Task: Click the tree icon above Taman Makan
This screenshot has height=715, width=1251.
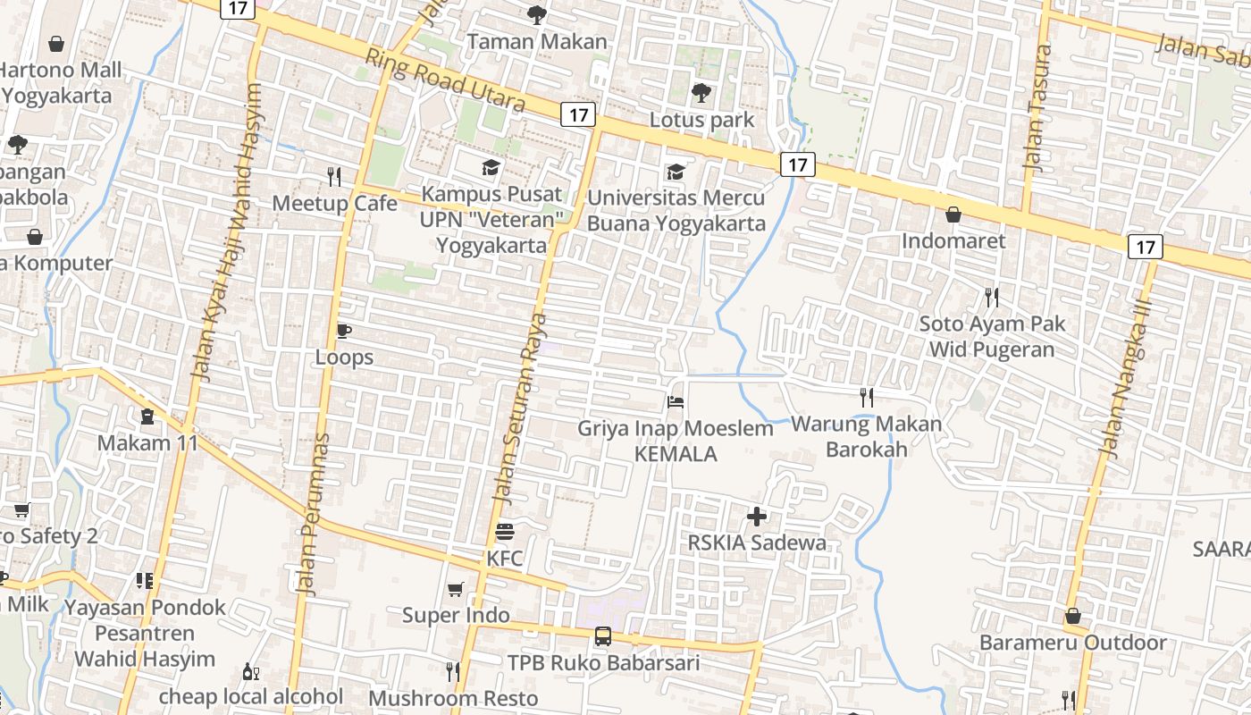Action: coord(536,14)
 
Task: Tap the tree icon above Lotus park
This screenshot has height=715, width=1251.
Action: coord(701,92)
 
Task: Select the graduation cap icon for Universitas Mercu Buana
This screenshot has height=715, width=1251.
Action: coord(676,171)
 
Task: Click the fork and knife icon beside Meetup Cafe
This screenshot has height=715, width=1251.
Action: coord(334,176)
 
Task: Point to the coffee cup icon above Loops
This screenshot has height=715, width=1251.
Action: coord(343,331)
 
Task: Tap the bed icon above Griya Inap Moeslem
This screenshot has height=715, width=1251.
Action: coord(676,401)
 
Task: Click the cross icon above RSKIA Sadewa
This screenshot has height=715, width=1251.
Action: coord(757,516)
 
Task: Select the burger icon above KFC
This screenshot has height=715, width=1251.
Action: coord(504,533)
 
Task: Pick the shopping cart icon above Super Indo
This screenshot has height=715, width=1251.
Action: coord(456,589)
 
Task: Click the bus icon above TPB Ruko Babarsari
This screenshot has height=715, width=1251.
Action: coord(603,636)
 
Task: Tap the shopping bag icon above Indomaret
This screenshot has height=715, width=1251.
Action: coord(953,214)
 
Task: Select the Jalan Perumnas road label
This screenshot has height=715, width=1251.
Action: coord(313,515)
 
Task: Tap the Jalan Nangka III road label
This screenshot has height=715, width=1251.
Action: coord(1128,380)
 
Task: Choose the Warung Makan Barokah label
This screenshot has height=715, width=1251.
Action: coord(866,436)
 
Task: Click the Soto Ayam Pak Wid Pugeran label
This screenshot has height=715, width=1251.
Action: coord(992,336)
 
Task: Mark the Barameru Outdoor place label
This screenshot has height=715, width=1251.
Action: coord(1072,643)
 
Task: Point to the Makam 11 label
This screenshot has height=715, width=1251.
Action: coord(147,443)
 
